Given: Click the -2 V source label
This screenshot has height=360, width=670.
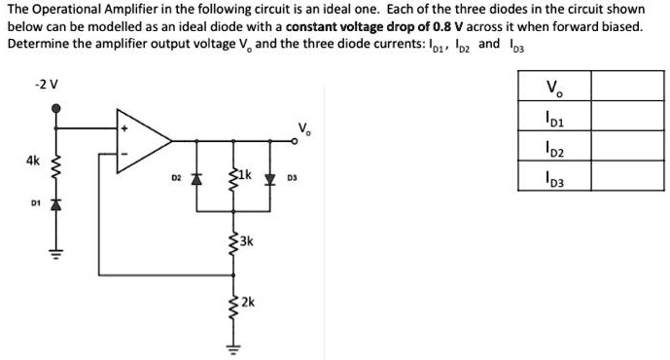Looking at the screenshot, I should pyautogui.click(x=46, y=85).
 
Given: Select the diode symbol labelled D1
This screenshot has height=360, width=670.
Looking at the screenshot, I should pyautogui.click(x=55, y=206).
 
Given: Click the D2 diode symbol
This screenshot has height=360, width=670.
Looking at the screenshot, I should pyautogui.click(x=196, y=179).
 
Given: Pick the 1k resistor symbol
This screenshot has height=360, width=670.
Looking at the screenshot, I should pyautogui.click(x=232, y=177).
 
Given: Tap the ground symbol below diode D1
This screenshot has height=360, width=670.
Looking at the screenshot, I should pyautogui.click(x=55, y=254).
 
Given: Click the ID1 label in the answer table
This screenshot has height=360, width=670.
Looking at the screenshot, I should pyautogui.click(x=554, y=119).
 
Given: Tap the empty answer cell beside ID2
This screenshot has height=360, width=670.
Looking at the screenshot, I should pyautogui.click(x=621, y=148).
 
